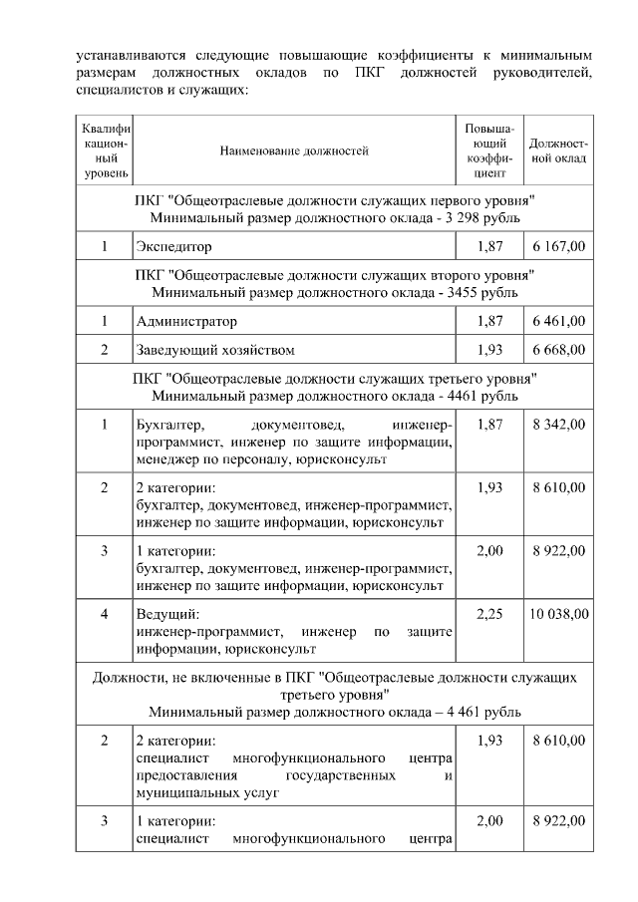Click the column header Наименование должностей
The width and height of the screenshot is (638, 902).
pos(294,151)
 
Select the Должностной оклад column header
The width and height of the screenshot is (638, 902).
pos(558,151)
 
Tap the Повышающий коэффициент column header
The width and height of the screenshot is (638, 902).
pos(489,151)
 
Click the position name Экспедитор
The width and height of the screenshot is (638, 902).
pos(174,245)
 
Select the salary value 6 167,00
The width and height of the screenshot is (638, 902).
pos(558,245)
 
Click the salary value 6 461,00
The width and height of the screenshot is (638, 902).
pos(558,322)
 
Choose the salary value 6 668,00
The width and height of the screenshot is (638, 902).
pos(558,350)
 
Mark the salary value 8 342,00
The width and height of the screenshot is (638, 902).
pos(558,426)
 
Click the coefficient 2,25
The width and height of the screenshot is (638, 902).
pos(489,615)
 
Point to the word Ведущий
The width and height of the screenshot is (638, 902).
pos(166,615)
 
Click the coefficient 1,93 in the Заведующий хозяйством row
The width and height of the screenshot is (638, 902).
pos(489,350)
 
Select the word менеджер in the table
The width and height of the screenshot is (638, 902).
pos(167,459)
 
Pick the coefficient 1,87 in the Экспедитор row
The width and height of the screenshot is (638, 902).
pos(489,245)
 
